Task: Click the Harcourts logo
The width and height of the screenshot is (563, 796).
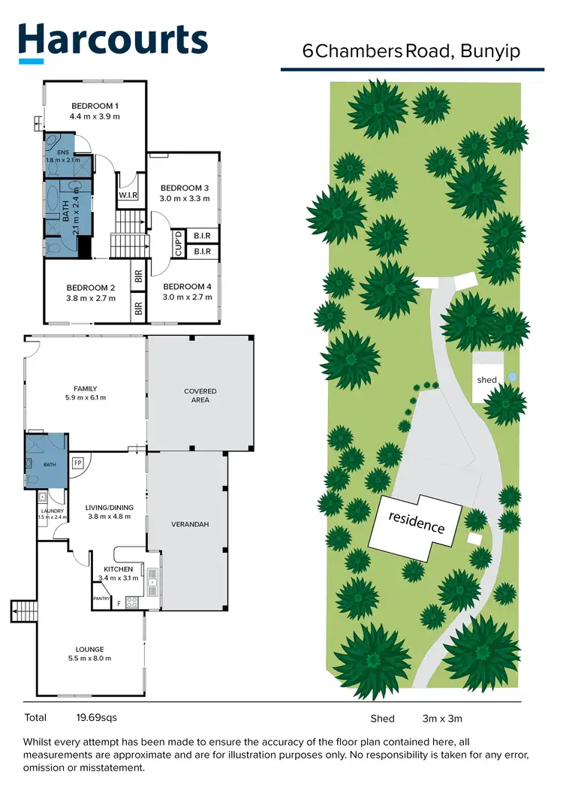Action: (x=113, y=41)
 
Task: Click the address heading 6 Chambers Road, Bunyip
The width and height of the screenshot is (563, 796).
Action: (x=411, y=51)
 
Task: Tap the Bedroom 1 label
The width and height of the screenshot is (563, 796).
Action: (x=95, y=106)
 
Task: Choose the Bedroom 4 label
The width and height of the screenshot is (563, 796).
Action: (x=187, y=287)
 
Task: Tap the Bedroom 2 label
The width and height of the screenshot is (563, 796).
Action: (x=91, y=288)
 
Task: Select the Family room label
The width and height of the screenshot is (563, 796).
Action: (x=86, y=388)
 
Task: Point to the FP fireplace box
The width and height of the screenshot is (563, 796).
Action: (x=77, y=463)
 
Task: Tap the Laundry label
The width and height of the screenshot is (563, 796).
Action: (x=53, y=511)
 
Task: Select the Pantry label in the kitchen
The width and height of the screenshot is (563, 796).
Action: (x=101, y=599)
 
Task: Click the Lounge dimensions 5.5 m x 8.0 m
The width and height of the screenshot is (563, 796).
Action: (x=90, y=659)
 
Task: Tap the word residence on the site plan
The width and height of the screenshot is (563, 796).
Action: (x=416, y=521)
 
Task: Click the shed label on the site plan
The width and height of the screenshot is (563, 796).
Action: (x=486, y=380)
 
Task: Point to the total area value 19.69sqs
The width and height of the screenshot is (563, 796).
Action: (x=96, y=717)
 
